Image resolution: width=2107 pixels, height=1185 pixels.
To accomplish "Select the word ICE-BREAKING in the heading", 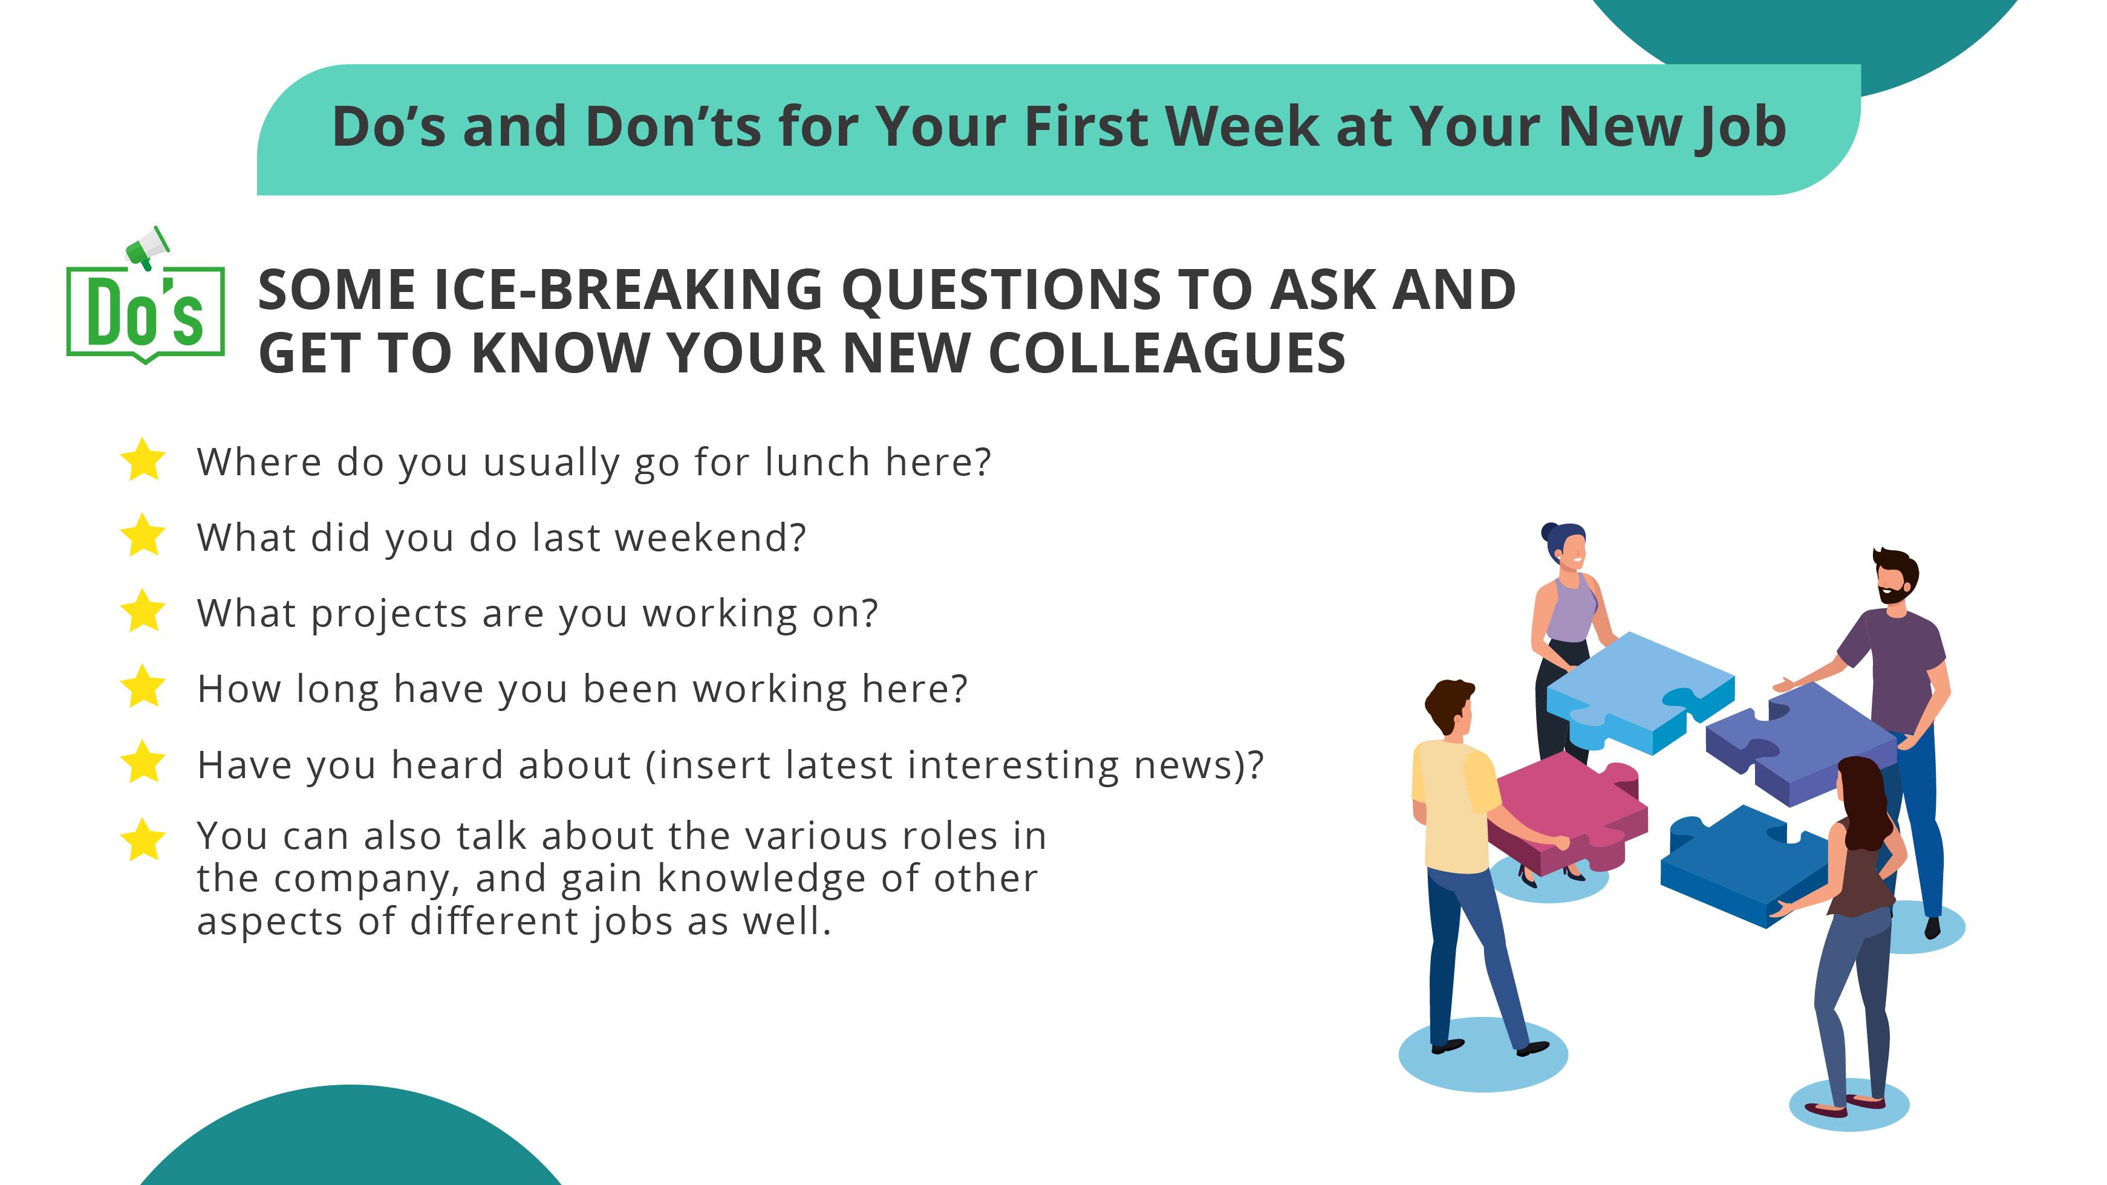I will point(627,290).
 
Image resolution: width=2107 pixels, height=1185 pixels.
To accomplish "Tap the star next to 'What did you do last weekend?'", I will point(143,536).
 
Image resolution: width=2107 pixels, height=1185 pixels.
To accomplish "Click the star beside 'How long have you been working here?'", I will point(143,687).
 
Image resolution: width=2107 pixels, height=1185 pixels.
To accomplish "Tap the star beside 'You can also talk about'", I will point(143,840).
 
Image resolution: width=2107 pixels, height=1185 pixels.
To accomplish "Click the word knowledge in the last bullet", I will point(761,879).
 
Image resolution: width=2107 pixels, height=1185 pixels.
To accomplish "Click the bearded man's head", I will point(1896,577).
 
